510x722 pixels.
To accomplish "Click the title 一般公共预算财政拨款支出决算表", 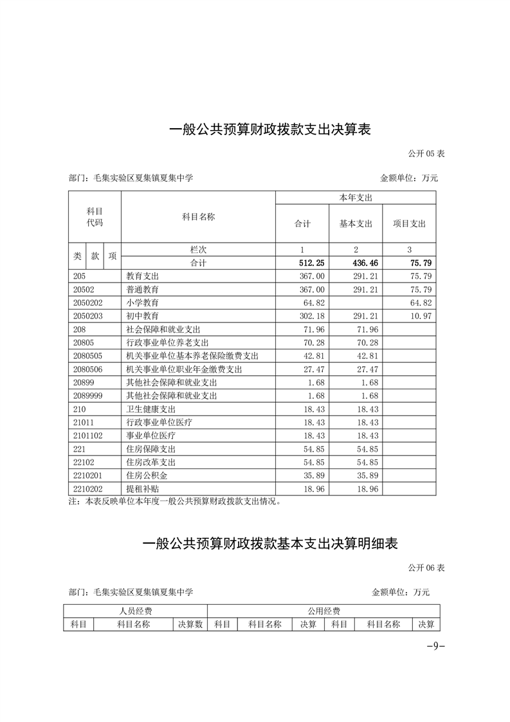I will (270, 129).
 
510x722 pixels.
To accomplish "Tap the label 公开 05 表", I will (426, 154).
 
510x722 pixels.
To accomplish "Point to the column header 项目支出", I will (409, 224).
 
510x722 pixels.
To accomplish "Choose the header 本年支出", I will (356, 198).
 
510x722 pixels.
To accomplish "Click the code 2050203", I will (88, 316).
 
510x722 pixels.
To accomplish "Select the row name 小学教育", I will (143, 302).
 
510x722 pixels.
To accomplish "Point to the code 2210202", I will (88, 488).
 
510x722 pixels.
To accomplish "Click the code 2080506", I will (88, 369).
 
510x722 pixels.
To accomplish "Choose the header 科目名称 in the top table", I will (198, 217).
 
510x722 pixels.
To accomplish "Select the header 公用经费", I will (323, 611).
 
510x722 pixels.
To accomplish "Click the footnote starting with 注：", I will (174, 501).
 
